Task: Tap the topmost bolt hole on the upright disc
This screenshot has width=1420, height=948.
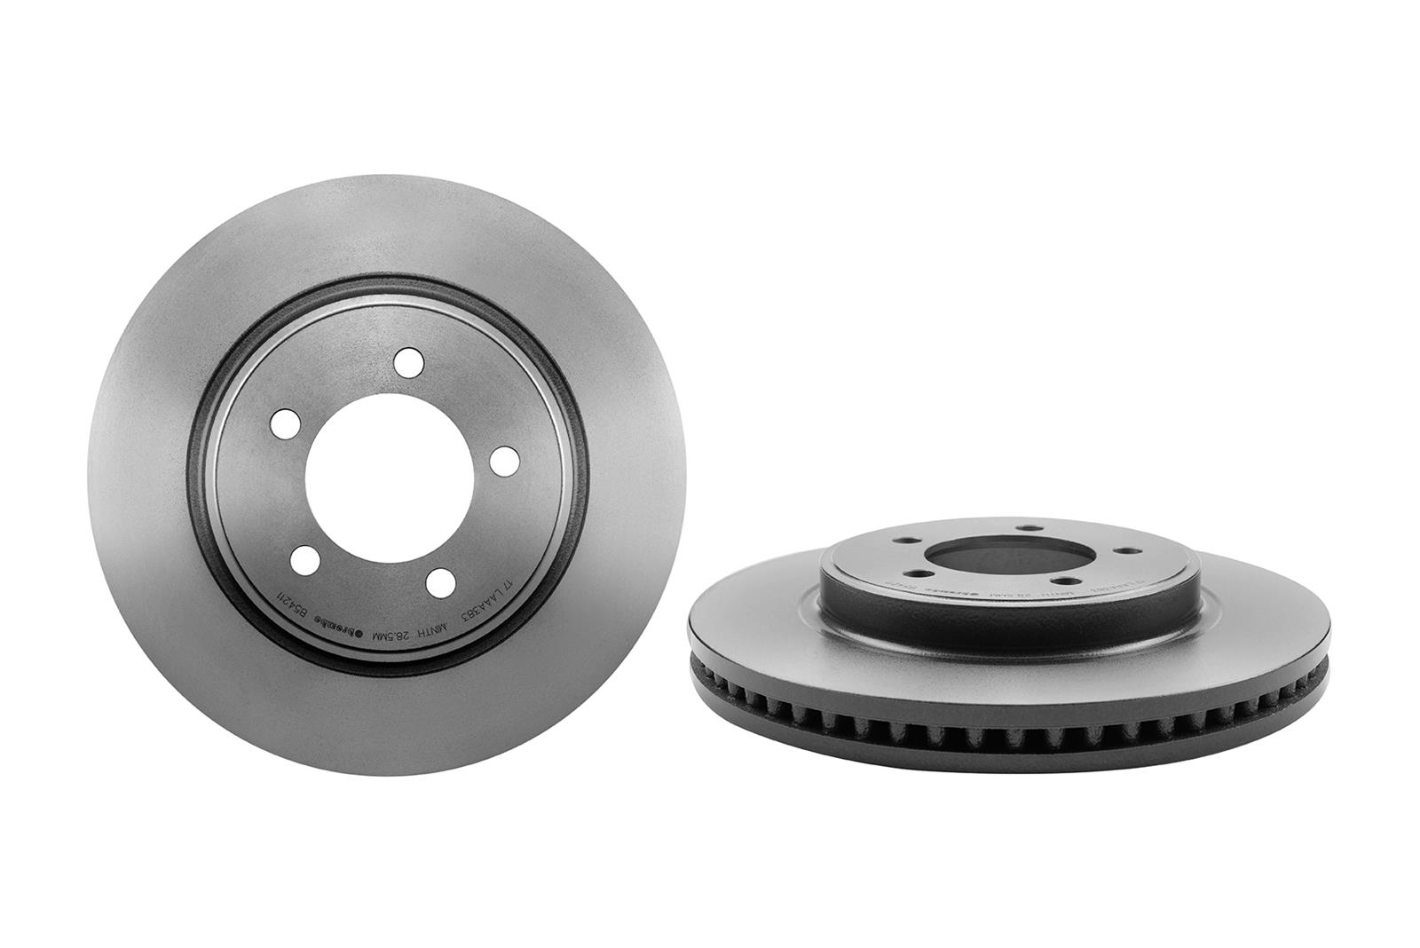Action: pos(408,362)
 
